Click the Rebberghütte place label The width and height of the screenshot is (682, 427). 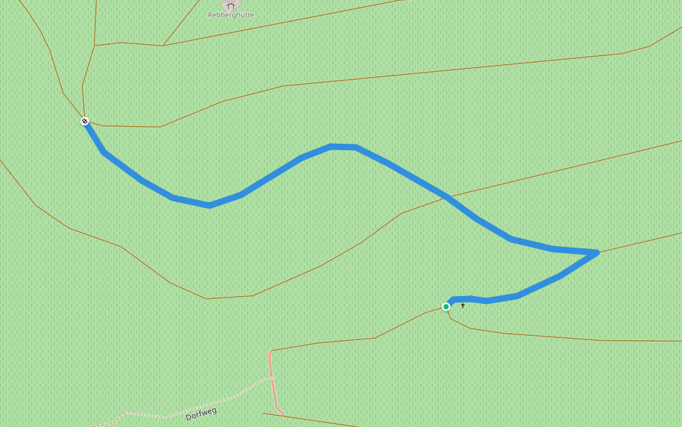[x=231, y=15]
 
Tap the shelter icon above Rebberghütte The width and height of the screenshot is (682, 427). [x=230, y=5]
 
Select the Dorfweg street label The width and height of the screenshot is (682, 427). [x=201, y=413]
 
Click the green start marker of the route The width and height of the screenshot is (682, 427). [x=446, y=307]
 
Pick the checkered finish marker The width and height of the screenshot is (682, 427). [x=85, y=121]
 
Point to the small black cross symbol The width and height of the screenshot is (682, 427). [x=462, y=305]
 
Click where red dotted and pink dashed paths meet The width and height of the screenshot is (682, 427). [x=271, y=378]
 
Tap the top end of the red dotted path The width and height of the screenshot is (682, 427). [x=270, y=352]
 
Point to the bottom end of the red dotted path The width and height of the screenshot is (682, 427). [x=283, y=413]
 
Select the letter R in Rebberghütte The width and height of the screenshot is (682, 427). [x=210, y=15]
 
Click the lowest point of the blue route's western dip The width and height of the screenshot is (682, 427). [x=209, y=205]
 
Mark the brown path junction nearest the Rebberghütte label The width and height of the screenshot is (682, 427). [x=163, y=46]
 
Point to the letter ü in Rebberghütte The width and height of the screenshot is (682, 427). [x=239, y=15]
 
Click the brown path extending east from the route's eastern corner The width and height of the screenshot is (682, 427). [x=639, y=242]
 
